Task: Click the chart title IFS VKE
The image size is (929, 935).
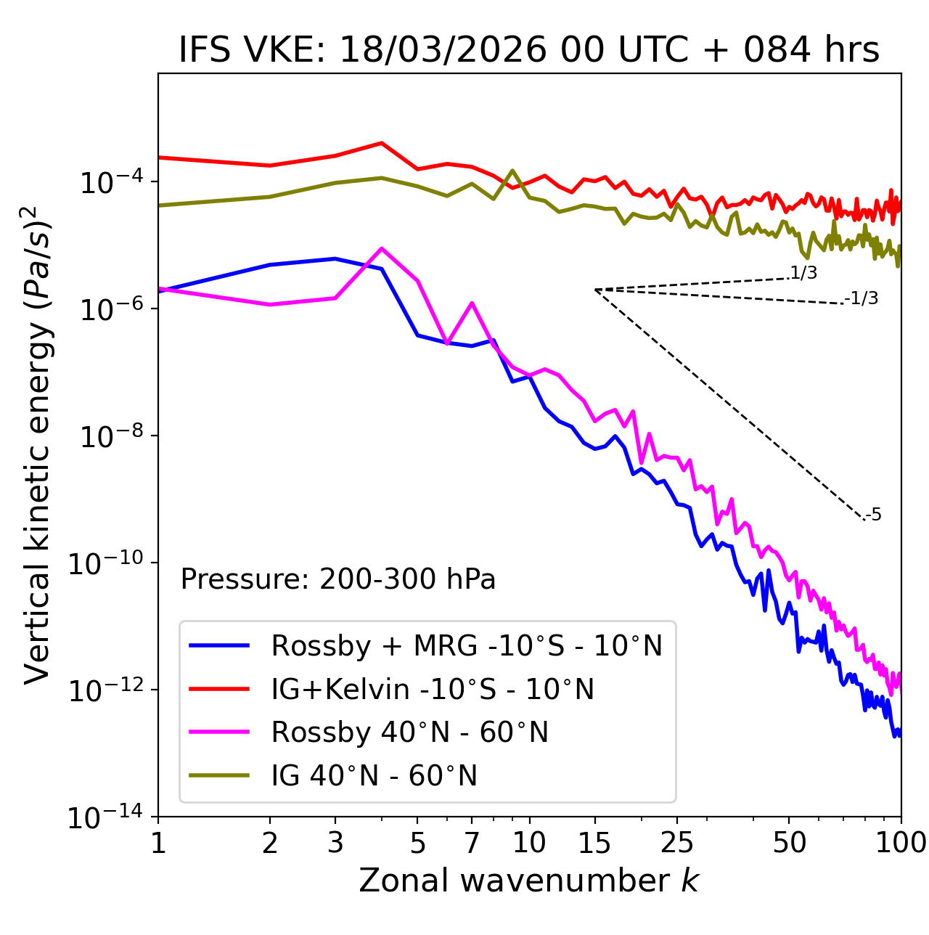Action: pos(529,51)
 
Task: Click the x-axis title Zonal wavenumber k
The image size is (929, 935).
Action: pos(529,880)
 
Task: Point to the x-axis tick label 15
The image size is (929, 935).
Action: pos(594,842)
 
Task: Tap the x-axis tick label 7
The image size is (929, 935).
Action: pos(472,842)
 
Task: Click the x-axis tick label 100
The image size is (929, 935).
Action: pos(901,842)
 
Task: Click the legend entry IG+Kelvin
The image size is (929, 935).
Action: pos(432,689)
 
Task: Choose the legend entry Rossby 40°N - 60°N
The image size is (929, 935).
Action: pos(409,732)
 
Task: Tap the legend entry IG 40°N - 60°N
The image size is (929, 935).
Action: pos(374,776)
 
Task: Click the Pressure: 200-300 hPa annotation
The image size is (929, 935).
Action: pos(337,579)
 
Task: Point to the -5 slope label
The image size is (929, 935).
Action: pos(873,515)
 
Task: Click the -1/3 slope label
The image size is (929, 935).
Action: pos(862,298)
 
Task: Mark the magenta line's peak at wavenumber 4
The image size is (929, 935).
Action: pos(382,248)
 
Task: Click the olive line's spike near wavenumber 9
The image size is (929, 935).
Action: pos(512,171)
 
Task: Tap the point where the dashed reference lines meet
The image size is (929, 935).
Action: pos(595,290)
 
